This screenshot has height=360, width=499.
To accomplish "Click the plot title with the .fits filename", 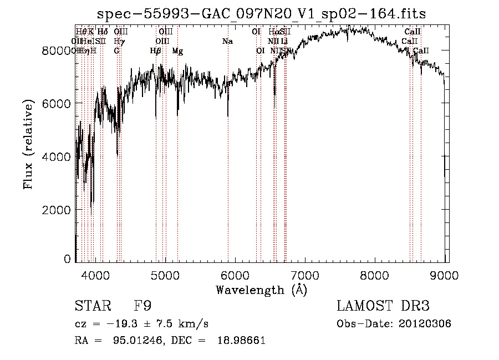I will pos(261,14).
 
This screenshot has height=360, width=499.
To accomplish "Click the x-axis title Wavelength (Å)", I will pos(261,290).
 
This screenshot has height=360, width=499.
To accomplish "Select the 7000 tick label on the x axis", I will pos(305,274).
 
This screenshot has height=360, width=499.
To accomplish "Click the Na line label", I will pos(227,41).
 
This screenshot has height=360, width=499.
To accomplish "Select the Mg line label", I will pos(177,51).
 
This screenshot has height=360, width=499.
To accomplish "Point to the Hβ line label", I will pos(156,51).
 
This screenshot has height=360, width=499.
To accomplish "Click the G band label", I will pos(116,51).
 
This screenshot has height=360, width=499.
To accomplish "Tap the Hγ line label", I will pos(119,41).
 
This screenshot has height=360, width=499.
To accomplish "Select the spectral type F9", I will pos(142,306).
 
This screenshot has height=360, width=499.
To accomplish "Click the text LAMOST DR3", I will pos(383,306).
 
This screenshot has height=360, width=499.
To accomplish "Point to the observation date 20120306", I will pos(424,323).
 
